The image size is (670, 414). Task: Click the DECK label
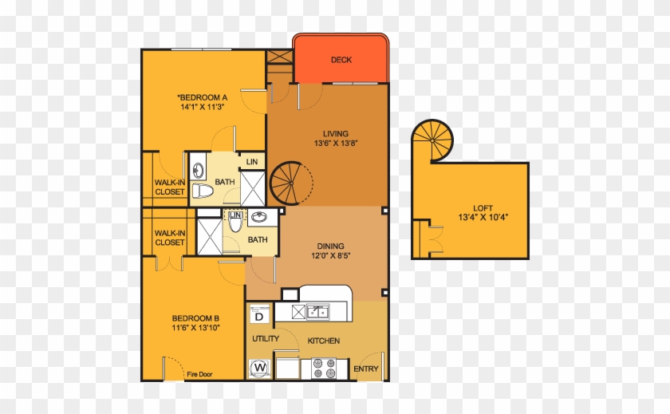pos(341,60)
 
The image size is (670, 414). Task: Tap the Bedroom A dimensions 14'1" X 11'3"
pos(203,107)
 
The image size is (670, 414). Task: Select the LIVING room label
pos(336,134)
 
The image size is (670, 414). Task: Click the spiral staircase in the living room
pos(291,183)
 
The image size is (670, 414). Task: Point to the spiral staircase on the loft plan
pos(432,140)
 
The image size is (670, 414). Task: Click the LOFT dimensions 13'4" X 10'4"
pos(483,217)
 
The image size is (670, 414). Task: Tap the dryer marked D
pos(259,314)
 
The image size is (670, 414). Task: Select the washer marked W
pos(260,368)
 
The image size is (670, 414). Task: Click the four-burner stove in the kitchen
pos(324,369)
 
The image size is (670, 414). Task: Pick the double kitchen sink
pos(318,311)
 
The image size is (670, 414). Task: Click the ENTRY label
pos(366,369)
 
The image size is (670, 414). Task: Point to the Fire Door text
pos(199,374)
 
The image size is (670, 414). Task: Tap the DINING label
pos(330,246)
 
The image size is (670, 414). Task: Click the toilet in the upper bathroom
pos(202,191)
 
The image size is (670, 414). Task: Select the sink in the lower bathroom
pos(258,218)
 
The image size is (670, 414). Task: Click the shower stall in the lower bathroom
pos(209,237)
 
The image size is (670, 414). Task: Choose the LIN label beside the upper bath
pos(252,162)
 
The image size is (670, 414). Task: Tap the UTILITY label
pos(266,339)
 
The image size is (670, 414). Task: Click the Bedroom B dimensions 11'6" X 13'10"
pos(195,328)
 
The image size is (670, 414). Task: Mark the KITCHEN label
pos(324,341)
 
